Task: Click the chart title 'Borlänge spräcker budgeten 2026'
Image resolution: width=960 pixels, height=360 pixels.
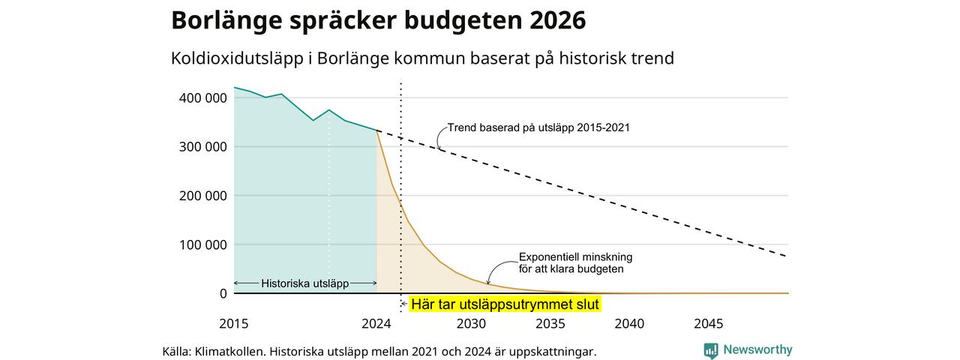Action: point(379,21)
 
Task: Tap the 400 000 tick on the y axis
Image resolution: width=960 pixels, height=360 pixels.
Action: point(202,98)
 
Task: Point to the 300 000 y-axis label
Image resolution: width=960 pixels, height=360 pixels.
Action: point(202,147)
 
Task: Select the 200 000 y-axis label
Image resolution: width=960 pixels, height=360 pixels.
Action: point(202,196)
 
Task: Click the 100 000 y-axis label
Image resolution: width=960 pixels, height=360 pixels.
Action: point(202,244)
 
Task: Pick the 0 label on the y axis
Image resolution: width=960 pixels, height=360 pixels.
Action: point(223,293)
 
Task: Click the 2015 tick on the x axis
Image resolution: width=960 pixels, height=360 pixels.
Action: point(233,323)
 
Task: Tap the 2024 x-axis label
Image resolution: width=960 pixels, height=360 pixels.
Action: point(376,323)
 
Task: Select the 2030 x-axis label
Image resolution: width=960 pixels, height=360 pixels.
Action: point(471,323)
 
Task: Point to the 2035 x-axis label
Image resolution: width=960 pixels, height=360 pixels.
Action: point(550,323)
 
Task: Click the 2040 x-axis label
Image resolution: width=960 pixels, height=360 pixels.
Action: point(629,323)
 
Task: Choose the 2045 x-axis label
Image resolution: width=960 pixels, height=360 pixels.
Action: point(709,323)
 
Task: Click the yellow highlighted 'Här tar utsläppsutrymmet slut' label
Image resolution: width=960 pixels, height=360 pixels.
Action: point(505,304)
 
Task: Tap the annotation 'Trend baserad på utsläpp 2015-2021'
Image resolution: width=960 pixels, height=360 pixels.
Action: point(538,127)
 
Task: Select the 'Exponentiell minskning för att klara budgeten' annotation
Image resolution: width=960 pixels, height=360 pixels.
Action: point(575,262)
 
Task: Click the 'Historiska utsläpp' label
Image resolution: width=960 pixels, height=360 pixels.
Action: point(304,283)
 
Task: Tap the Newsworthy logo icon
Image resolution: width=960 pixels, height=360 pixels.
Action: point(711,351)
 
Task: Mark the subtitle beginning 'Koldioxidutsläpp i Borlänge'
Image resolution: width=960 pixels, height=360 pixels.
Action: point(422,58)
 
